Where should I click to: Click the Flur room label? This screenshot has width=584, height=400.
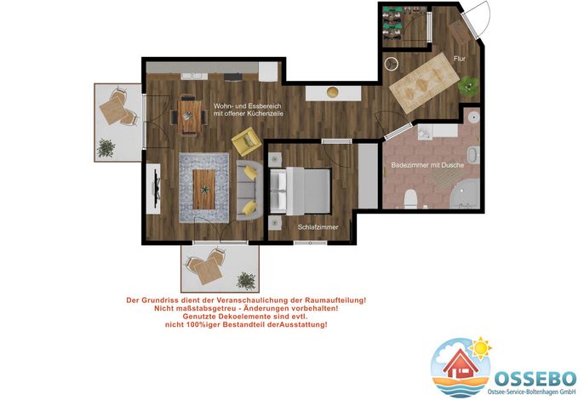point(459,59)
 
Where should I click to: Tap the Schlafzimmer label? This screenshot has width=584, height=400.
point(318,227)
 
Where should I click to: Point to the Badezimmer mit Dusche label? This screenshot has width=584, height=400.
point(427,165)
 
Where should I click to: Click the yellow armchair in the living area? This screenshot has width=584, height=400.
point(247,142)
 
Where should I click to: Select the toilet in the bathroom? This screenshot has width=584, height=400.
point(410,198)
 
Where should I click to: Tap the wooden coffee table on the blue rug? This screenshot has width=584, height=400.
point(204,189)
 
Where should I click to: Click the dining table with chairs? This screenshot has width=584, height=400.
point(189,117)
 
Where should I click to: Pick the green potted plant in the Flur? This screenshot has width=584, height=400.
point(468,87)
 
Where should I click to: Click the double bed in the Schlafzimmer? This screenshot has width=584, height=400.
point(301,191)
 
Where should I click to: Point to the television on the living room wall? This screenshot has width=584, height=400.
point(157,189)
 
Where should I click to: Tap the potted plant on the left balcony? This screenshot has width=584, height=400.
point(106,148)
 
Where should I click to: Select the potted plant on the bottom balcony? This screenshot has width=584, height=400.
point(246,281)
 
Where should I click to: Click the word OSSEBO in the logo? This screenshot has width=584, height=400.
point(535,379)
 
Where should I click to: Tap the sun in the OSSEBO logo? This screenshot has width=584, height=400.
point(480,348)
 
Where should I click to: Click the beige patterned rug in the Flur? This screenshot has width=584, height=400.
point(424,83)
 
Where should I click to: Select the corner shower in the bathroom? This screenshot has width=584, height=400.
point(465,194)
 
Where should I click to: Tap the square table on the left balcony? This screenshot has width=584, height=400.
point(112,111)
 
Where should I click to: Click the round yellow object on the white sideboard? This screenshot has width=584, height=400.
point(332,92)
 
